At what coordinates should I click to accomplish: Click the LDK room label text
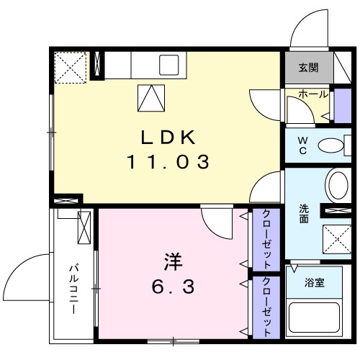point(169,138)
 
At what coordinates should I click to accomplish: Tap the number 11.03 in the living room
point(169,163)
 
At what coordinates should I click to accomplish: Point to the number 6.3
point(171,287)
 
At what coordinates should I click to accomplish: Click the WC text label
point(302,145)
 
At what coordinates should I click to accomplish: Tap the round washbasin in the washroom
point(337,185)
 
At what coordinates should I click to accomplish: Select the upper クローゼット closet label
point(266,238)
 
